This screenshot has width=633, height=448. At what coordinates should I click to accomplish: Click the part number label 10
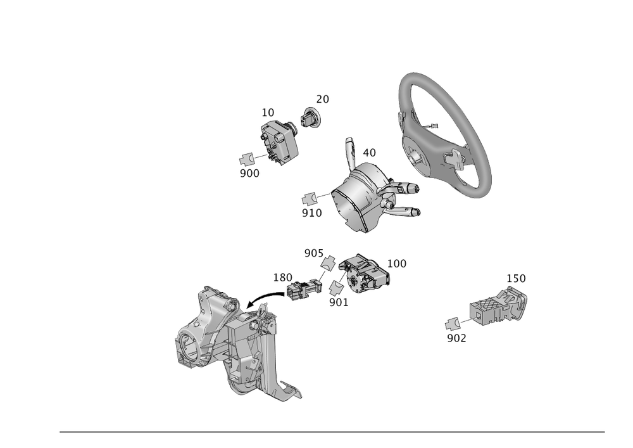[268, 112]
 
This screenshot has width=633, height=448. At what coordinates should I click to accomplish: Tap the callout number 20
[323, 99]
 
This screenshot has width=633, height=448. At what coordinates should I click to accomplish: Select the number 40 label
[368, 153]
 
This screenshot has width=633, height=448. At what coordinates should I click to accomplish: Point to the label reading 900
[249, 173]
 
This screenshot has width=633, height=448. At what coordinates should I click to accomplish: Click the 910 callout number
[311, 214]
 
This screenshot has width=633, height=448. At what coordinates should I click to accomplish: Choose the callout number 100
[396, 262]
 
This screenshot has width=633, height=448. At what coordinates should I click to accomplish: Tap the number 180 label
[282, 277]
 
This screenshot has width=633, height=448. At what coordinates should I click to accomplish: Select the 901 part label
[339, 303]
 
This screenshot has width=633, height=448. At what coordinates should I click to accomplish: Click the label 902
[456, 338]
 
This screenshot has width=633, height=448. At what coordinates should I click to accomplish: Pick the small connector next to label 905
[329, 262]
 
